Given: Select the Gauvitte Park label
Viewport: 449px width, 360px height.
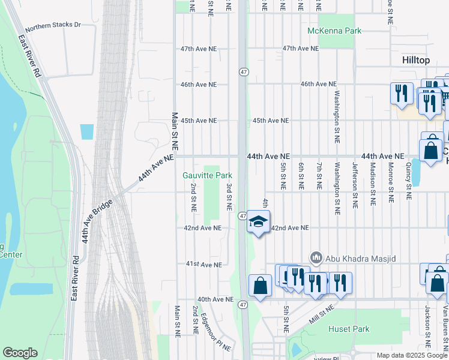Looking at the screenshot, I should [x=207, y=175].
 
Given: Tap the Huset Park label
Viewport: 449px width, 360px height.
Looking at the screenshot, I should [x=349, y=329].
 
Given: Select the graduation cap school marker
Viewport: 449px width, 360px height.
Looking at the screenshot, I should [x=258, y=223].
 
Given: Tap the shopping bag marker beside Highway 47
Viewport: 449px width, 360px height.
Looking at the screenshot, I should [x=260, y=286].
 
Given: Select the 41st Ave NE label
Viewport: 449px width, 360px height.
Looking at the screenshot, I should [x=203, y=264].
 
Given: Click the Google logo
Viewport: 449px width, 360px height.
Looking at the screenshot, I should [x=20, y=353].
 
